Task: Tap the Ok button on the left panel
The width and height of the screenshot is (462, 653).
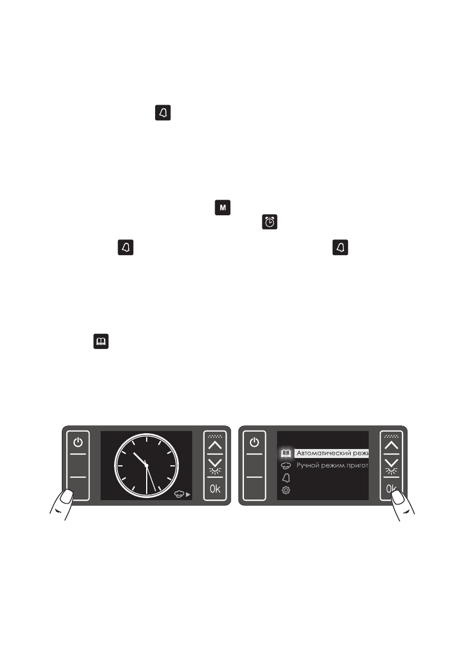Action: (215, 488)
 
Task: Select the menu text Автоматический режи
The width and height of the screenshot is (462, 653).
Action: (332, 453)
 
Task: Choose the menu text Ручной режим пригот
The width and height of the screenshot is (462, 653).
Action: (332, 465)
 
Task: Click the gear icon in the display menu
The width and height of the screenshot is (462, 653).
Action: (286, 491)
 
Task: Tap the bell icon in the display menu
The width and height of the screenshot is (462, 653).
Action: (286, 478)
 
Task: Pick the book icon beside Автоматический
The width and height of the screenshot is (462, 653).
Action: (286, 453)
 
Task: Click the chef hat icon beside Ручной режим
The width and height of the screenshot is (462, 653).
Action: (286, 465)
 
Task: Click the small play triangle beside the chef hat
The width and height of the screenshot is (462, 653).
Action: (188, 495)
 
